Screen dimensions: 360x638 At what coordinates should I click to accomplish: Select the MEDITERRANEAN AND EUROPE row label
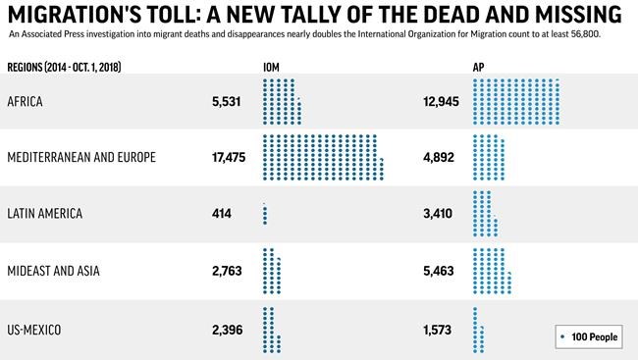pos(80,157)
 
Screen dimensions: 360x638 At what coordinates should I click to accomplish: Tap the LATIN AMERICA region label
pos(44,214)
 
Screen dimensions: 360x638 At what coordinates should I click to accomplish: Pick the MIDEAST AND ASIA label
pos(53,271)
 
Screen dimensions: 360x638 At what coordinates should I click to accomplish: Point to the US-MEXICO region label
pos(34,329)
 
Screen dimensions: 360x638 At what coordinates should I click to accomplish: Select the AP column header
pos(479,67)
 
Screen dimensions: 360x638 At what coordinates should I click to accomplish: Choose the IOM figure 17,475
pos(225,157)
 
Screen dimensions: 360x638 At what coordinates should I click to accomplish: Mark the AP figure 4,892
pos(439,157)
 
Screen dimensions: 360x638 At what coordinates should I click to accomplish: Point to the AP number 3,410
pos(439,214)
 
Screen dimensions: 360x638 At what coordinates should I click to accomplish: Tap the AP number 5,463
pos(439,271)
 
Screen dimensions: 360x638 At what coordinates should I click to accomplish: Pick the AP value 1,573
pos(439,329)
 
